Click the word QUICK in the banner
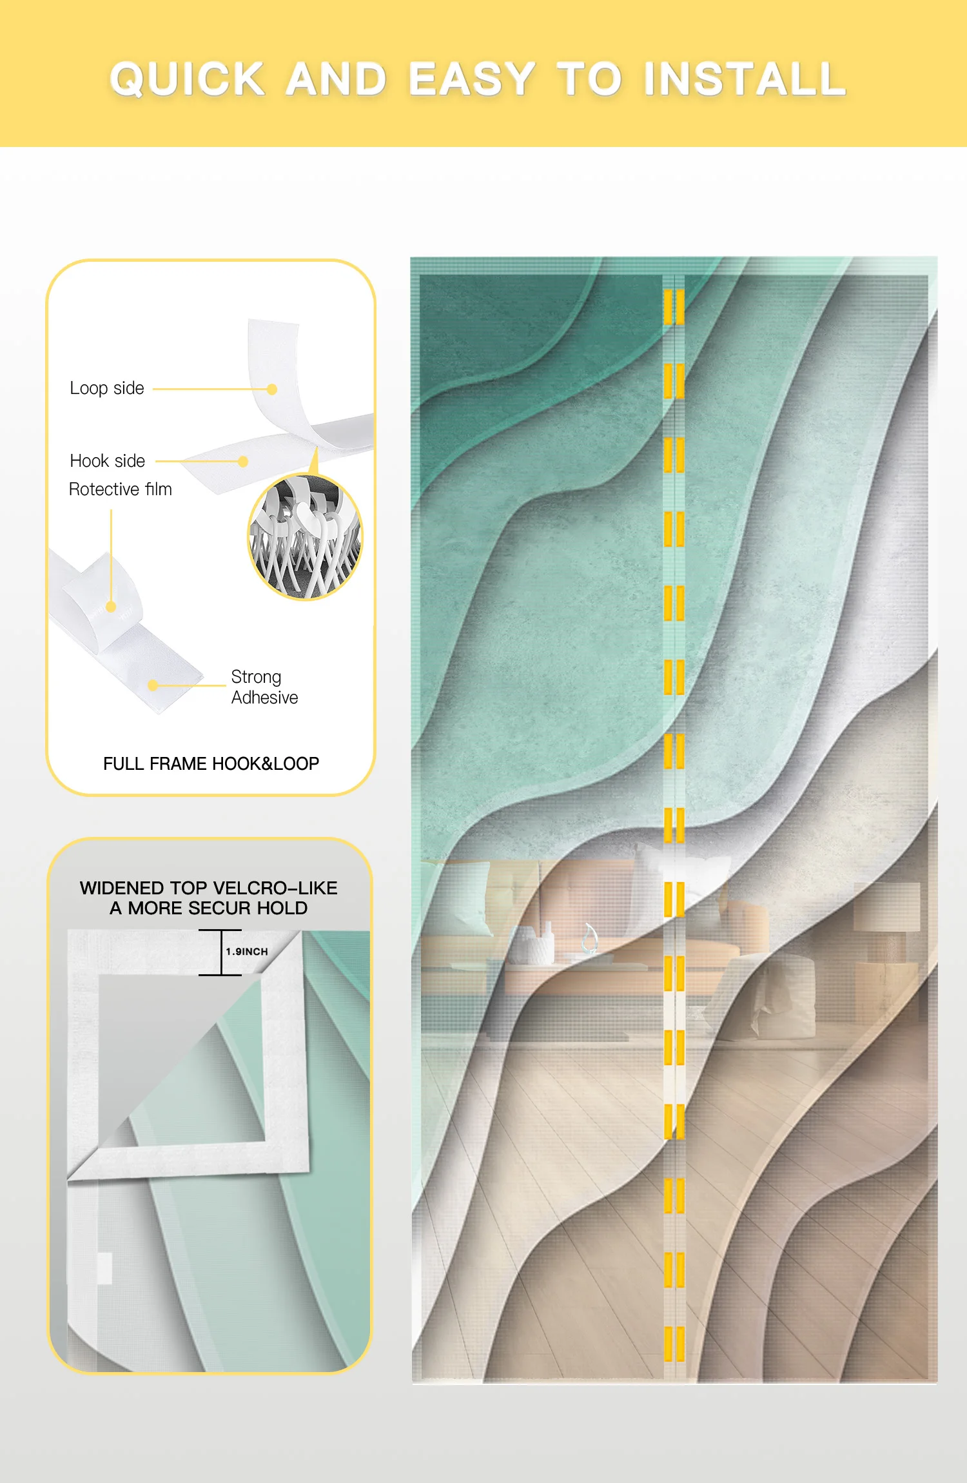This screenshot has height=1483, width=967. tap(188, 79)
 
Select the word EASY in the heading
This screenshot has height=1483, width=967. tap(471, 79)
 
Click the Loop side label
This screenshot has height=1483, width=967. tap(107, 388)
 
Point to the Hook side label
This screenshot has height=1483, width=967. tap(108, 461)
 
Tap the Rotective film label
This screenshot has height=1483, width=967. tap(121, 489)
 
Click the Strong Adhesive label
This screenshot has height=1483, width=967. tap(264, 687)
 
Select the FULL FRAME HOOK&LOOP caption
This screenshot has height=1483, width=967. tap(211, 763)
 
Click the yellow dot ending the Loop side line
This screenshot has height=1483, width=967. tap(272, 389)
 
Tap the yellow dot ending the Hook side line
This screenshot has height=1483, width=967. tap(243, 462)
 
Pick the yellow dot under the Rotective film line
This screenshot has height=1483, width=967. tap(111, 607)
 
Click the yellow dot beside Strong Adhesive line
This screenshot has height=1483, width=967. tap(153, 685)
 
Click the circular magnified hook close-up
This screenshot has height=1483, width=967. tap(306, 537)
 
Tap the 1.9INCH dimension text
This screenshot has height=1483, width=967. tap(247, 952)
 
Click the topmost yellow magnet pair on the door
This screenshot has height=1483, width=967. tap(674, 307)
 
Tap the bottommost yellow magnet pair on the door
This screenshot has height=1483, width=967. tap(674, 1344)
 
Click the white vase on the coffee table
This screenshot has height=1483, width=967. tap(535, 945)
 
